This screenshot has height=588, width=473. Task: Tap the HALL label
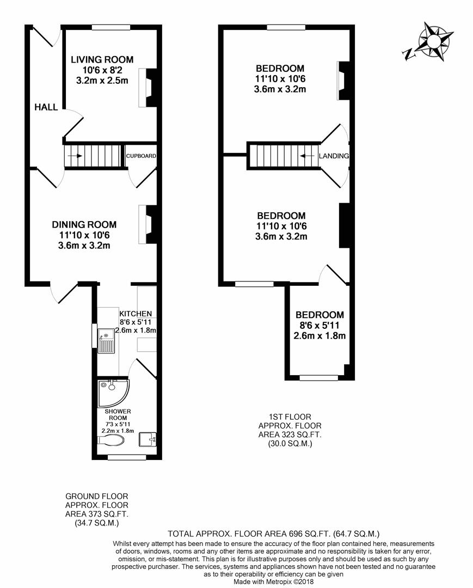click(46, 107)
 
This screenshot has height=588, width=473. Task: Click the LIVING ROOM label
click(102, 60)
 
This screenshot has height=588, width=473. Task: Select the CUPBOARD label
click(141, 156)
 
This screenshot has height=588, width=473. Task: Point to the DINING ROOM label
click(84, 224)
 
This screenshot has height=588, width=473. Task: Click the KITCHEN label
click(136, 314)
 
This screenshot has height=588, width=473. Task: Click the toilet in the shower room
click(110, 440)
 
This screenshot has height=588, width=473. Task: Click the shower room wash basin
click(148, 438)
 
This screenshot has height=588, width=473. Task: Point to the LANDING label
click(334, 156)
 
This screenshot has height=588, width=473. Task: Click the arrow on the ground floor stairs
click(76, 156)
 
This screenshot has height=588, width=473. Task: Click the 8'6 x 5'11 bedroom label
click(320, 315)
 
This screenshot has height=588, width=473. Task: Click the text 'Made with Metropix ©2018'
click(273, 581)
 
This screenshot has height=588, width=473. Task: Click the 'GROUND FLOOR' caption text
click(96, 496)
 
